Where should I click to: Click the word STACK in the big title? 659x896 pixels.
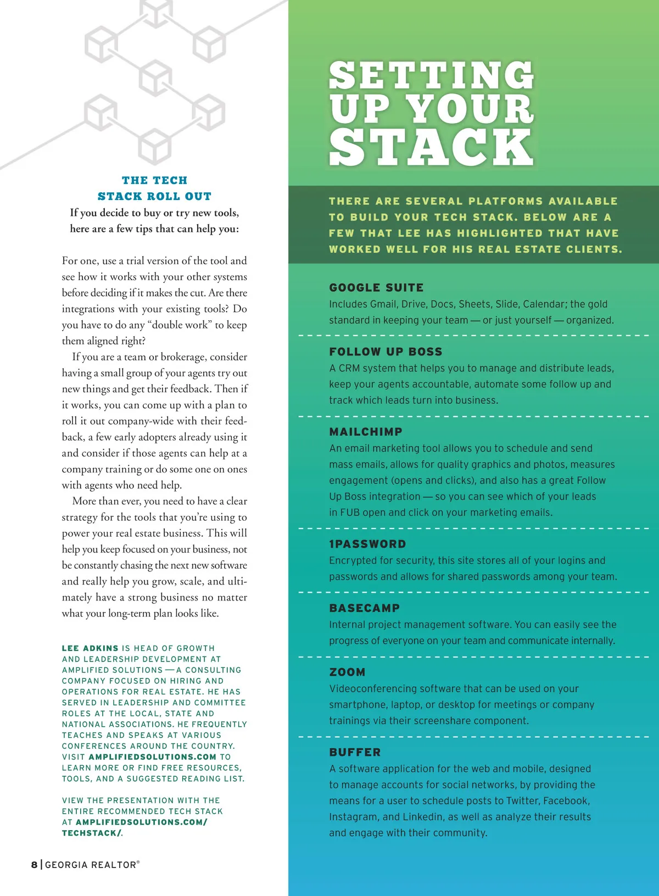pos(431,147)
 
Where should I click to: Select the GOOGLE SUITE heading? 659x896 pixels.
pos(376,288)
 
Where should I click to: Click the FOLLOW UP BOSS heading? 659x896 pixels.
pos(386,352)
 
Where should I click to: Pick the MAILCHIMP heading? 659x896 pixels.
pos(366,432)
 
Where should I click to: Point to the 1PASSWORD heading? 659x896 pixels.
pos(367,544)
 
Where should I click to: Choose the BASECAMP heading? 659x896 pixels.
pos(364,608)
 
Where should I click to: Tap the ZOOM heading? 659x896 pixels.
pos(347,672)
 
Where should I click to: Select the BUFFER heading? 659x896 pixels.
pos(355,753)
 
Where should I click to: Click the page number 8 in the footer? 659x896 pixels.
pos(35,865)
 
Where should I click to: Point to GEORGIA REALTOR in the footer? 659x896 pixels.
pos(91,865)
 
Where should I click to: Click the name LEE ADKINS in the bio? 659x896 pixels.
pos(90,648)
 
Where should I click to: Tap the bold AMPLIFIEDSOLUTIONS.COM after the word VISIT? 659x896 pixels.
pos(152,757)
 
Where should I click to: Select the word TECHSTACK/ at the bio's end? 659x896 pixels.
pos(92,833)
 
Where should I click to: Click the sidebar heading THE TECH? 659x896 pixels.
pos(154,180)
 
